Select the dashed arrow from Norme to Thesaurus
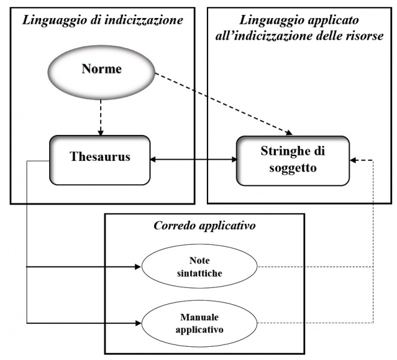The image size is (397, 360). pos(101,116)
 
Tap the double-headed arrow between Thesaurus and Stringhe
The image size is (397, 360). pos(193,160)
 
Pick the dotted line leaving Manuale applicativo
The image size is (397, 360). pos(312,323)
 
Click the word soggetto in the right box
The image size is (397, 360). pos(294,169)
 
